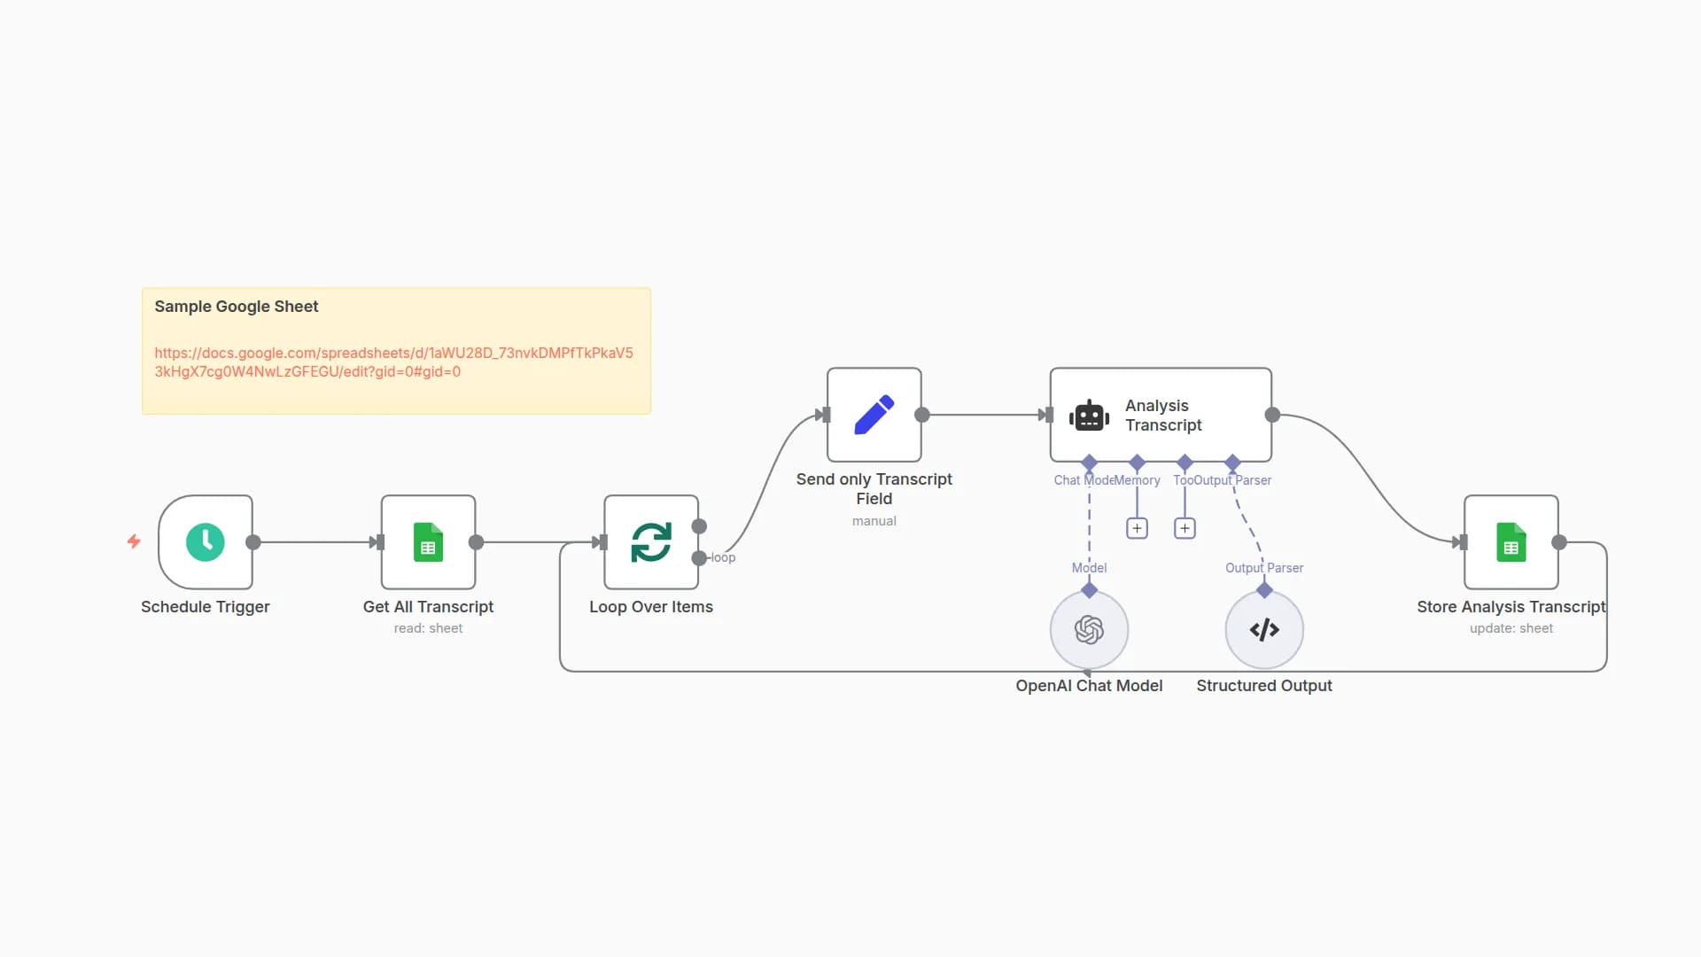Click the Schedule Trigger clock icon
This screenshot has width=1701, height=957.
[x=206, y=542]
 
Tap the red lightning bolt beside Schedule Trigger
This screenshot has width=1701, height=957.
[x=134, y=541]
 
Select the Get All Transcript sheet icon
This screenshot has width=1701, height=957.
[x=428, y=542]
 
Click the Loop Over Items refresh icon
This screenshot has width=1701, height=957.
[x=651, y=542]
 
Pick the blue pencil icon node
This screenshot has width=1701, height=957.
[x=874, y=415]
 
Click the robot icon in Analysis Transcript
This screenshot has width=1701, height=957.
[x=1089, y=415]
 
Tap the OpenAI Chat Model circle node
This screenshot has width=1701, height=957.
[x=1089, y=630]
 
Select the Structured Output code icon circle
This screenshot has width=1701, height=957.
[x=1264, y=630]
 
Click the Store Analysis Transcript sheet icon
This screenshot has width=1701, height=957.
[x=1511, y=542]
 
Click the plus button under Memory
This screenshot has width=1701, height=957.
[x=1137, y=529]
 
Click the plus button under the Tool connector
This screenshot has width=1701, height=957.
[x=1184, y=529]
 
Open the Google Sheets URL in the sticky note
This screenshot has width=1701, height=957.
[x=393, y=362]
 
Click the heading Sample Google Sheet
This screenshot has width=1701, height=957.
[x=237, y=307]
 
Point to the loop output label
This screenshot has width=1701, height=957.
[x=723, y=557]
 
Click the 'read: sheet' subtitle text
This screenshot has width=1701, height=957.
[x=428, y=628]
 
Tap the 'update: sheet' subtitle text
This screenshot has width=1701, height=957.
[x=1511, y=628]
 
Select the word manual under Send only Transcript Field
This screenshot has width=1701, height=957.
[x=874, y=521]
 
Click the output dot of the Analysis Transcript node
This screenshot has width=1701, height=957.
[x=1272, y=415]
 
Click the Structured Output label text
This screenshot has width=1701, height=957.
[x=1263, y=686]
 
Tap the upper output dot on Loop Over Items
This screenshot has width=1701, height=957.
[x=699, y=526]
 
